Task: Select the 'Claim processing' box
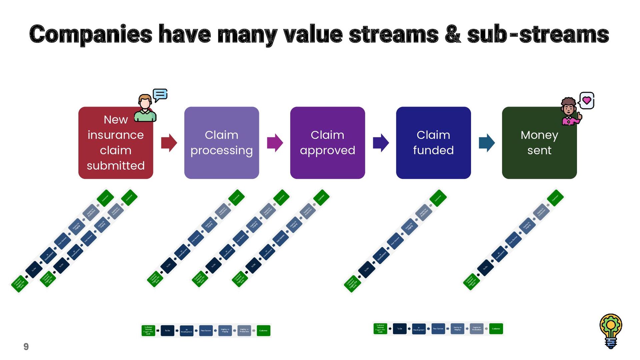click(x=221, y=143)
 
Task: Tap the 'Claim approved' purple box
click(x=327, y=143)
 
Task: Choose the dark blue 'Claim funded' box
click(x=433, y=143)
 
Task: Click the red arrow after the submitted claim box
click(x=169, y=143)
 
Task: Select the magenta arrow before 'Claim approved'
click(x=275, y=143)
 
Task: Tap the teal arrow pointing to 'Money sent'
click(x=487, y=143)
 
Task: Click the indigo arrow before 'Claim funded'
click(x=381, y=143)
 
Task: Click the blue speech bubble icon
click(x=160, y=95)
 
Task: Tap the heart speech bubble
click(x=587, y=100)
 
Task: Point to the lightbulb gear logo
click(x=611, y=331)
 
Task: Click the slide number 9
click(x=26, y=347)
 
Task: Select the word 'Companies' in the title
click(x=91, y=35)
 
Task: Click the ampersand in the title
click(x=453, y=35)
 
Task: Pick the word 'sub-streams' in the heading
click(x=538, y=35)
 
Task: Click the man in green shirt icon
click(x=145, y=108)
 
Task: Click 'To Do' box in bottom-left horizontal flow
click(x=167, y=331)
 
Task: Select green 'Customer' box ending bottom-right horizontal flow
click(x=496, y=329)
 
